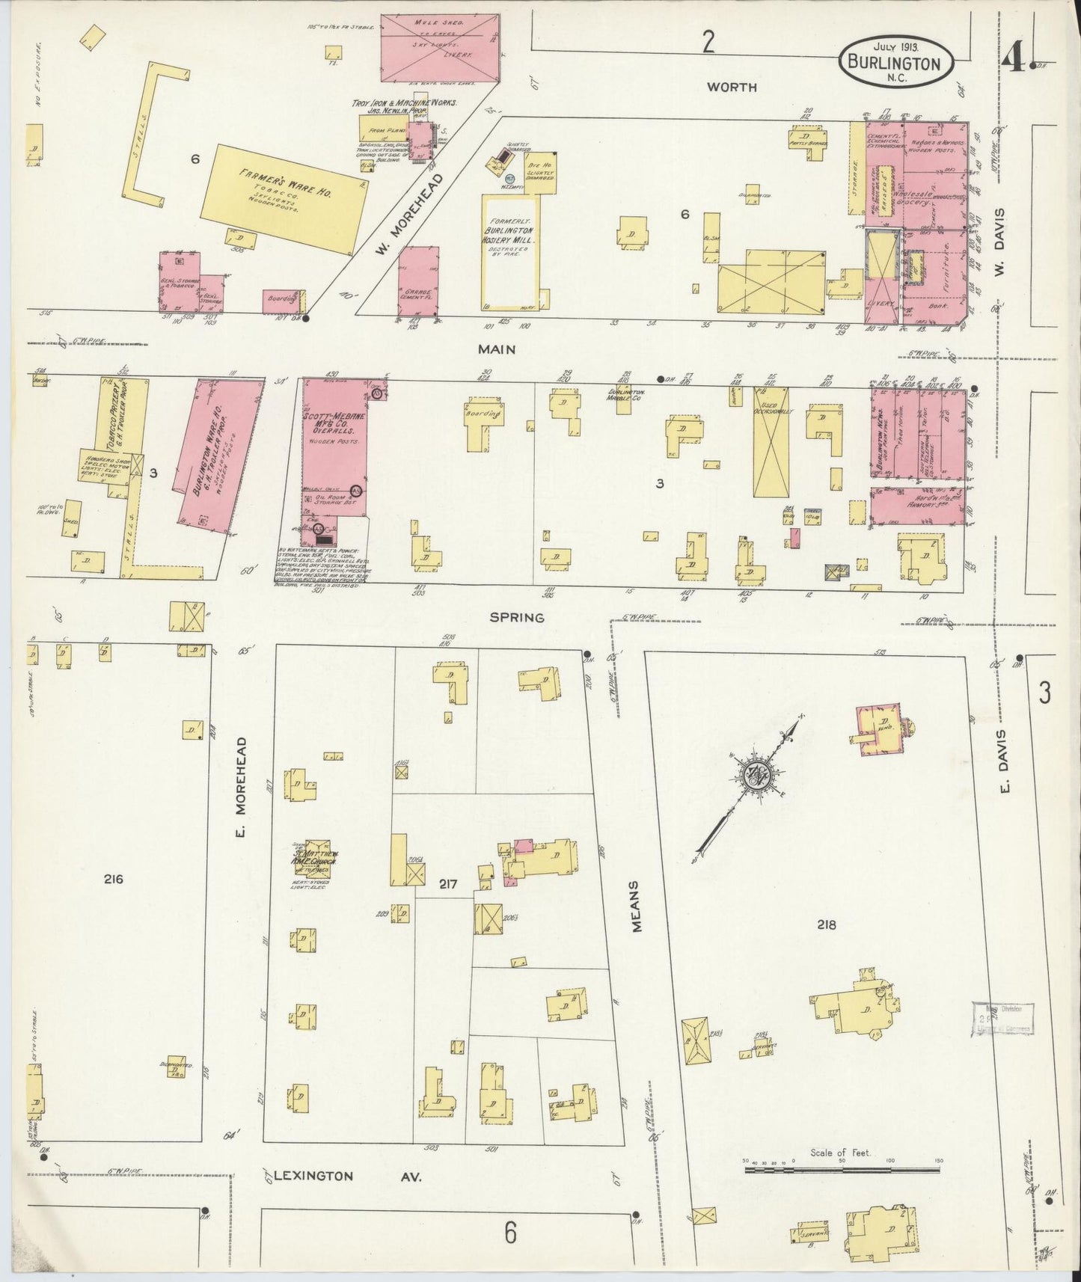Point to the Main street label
click(497, 349)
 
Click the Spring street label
click(517, 617)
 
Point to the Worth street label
click(732, 87)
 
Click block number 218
click(827, 924)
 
